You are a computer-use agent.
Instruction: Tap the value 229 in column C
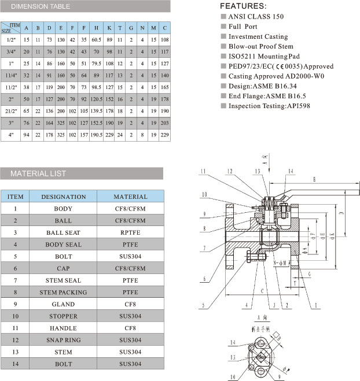click(165, 135)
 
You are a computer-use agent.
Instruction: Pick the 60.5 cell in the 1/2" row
click(96, 39)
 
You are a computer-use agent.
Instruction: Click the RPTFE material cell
click(130, 232)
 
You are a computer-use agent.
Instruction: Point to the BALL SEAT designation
click(63, 232)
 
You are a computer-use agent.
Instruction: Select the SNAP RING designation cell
click(63, 340)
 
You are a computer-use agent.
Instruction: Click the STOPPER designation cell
click(63, 316)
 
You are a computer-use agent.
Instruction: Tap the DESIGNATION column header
click(63, 197)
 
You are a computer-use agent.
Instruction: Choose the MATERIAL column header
click(130, 197)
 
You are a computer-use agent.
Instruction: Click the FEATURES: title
click(243, 6)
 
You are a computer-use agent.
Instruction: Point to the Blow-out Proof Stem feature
click(258, 46)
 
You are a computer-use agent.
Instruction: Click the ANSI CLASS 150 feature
click(256, 16)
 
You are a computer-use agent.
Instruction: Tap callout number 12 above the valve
click(230, 171)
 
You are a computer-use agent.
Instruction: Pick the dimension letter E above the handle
click(314, 180)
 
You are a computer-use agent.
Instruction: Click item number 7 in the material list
click(19, 280)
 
